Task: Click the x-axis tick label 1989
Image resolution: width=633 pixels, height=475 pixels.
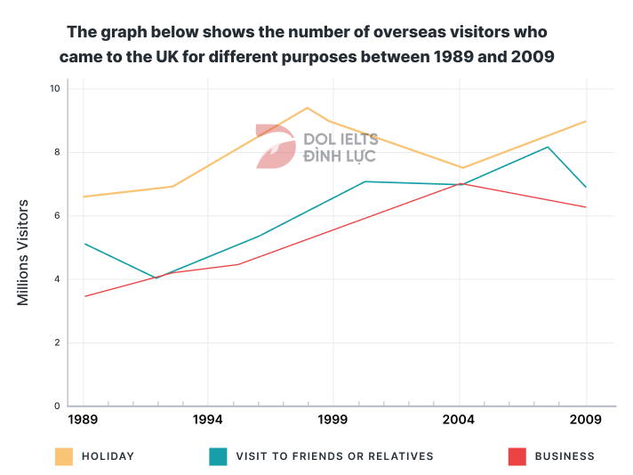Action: tap(83, 419)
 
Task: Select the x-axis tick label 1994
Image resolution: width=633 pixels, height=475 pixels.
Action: tap(208, 419)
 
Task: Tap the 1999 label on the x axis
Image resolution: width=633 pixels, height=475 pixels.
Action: tap(334, 419)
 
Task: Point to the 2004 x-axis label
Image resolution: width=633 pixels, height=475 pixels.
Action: tap(460, 419)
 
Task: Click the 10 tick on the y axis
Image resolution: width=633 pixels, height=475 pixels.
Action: tap(54, 89)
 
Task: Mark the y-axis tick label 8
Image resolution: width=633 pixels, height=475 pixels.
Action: tap(56, 152)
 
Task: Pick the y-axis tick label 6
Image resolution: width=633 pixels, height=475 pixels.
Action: tap(56, 216)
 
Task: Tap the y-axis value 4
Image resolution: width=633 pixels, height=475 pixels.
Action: tap(56, 279)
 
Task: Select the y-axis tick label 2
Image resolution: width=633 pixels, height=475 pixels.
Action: tap(56, 342)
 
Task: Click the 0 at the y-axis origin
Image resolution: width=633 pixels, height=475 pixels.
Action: tap(56, 407)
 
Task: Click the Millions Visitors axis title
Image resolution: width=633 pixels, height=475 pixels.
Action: tap(24, 253)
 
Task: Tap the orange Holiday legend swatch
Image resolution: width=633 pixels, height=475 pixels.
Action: tap(64, 456)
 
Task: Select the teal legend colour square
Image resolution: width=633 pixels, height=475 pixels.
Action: tap(218, 456)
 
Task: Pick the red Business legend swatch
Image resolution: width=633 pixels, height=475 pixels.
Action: tap(517, 456)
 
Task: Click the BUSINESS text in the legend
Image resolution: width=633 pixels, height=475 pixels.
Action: tap(565, 456)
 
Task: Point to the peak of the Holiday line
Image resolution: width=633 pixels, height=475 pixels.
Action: tap(307, 108)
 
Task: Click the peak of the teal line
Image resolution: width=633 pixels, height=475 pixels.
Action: tap(548, 147)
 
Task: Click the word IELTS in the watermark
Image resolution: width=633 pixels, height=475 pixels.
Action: tap(357, 140)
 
